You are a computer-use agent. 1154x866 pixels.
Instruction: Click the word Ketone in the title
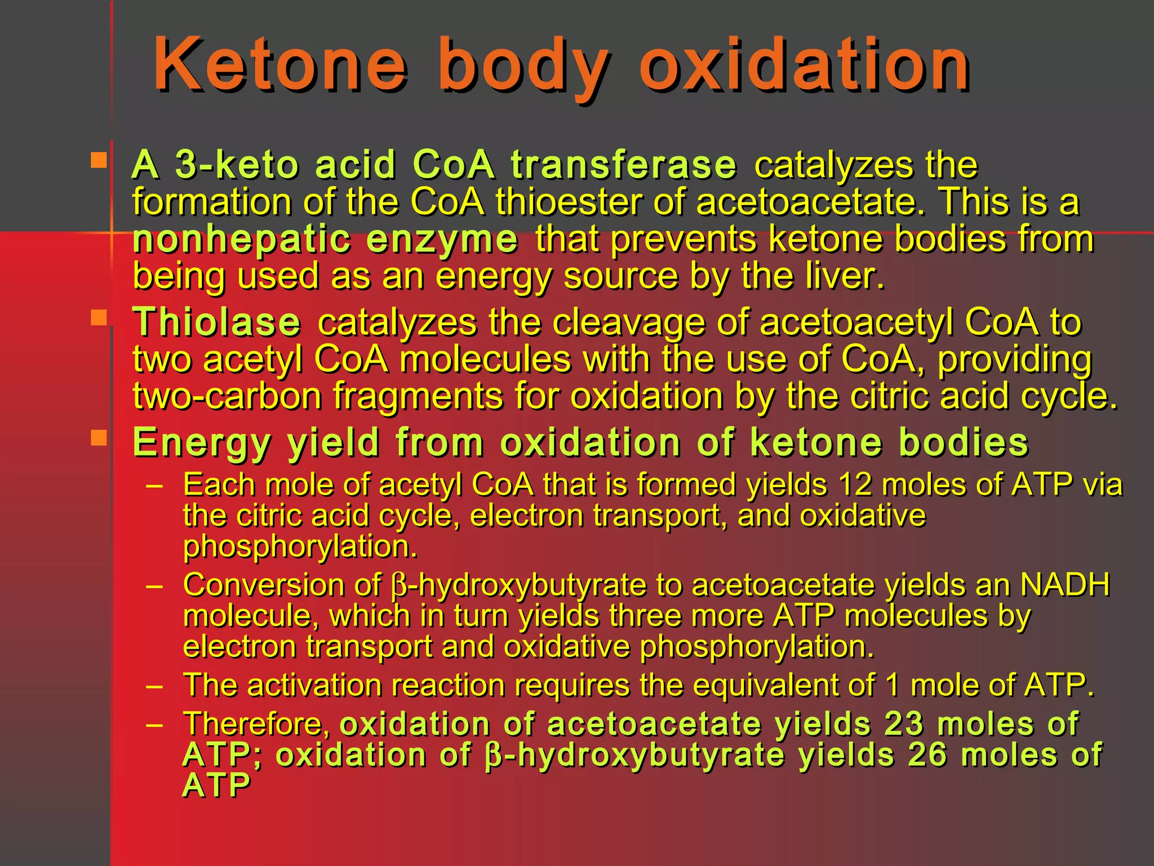280,64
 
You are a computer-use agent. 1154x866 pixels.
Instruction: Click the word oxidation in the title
805,64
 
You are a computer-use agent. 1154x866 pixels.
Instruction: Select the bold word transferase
624,165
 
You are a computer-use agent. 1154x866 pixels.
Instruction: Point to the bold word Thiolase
217,322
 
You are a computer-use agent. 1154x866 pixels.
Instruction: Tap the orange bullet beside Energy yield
99,438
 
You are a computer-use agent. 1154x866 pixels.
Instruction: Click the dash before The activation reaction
154,686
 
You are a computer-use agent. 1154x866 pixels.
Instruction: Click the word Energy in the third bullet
201,443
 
